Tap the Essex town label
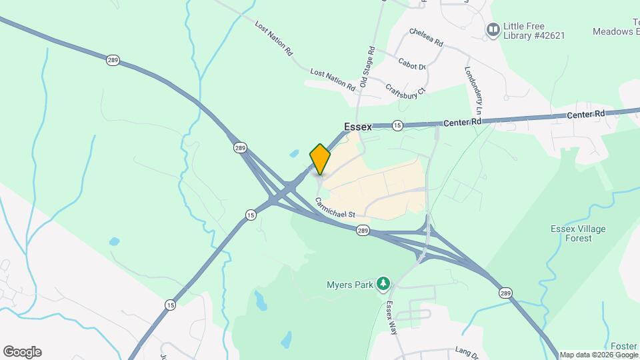click(358, 127)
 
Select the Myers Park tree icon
click(383, 285)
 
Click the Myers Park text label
click(349, 285)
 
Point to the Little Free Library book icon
click(493, 29)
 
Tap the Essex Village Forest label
click(577, 233)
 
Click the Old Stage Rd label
click(367, 67)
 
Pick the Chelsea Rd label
click(427, 37)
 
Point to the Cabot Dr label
click(412, 66)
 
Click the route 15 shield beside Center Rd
click(397, 125)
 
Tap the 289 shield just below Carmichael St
click(363, 231)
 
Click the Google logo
click(22, 352)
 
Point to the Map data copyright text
click(598, 355)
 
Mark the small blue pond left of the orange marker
click(295, 154)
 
